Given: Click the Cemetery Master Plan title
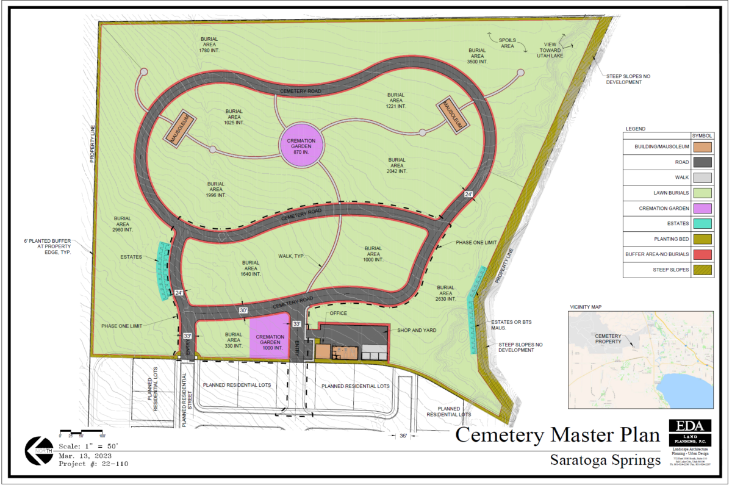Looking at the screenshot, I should (558, 435).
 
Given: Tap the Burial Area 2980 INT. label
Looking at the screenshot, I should (123, 223).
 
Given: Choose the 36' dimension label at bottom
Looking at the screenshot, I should (403, 436).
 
